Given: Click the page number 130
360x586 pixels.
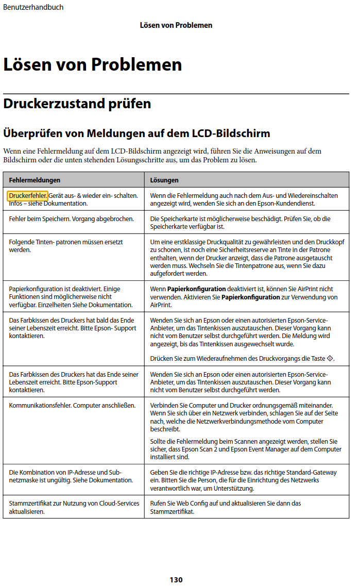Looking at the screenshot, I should [x=176, y=580].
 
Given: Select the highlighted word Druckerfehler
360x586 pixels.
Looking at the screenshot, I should [x=28, y=196].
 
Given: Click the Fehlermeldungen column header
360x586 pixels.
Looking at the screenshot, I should [x=35, y=180].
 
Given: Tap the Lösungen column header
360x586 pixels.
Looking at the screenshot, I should [x=164, y=180].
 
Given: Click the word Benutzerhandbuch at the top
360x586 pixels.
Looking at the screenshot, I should [x=33, y=7].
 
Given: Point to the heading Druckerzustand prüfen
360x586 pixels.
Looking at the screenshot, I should [x=77, y=104].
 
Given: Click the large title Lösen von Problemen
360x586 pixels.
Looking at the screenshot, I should [x=93, y=65].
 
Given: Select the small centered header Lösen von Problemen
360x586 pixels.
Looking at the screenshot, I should [x=176, y=25].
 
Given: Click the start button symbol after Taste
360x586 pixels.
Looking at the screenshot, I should [x=330, y=359].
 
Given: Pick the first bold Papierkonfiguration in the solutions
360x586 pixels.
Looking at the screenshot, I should [x=196, y=289].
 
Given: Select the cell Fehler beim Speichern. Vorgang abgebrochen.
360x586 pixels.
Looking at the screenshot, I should [x=71, y=219].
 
